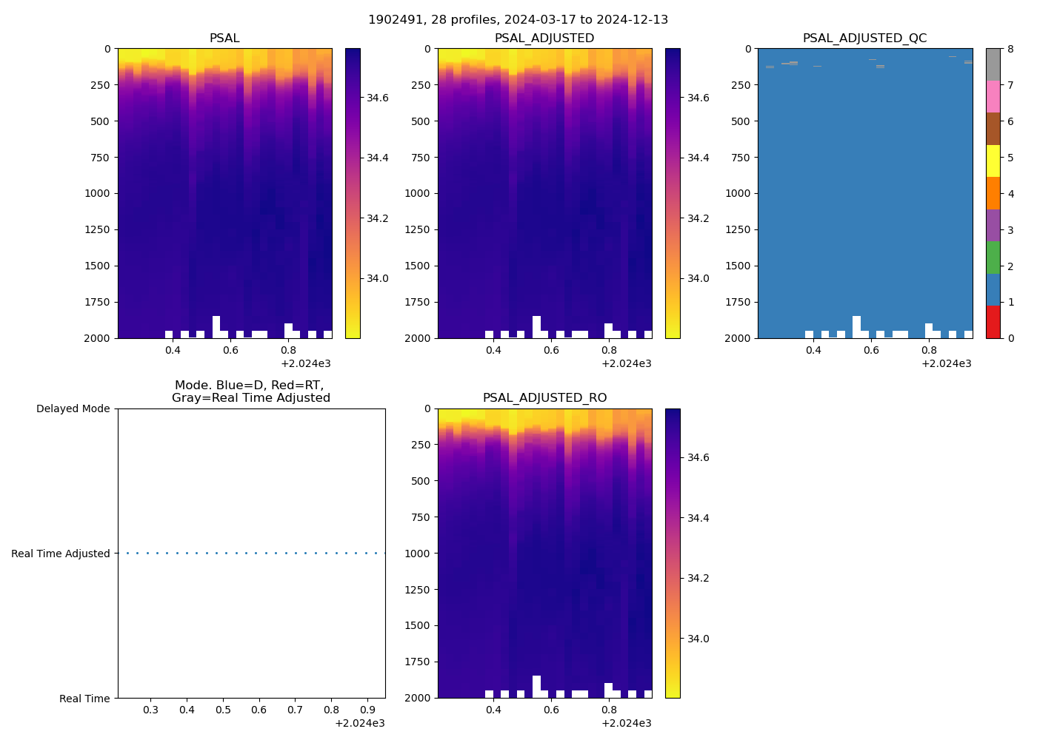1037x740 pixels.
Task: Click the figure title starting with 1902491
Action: pyautogui.click(x=518, y=20)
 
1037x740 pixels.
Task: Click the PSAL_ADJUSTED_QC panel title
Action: pyautogui.click(x=864, y=38)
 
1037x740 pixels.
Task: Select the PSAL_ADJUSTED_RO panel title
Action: pyautogui.click(x=544, y=398)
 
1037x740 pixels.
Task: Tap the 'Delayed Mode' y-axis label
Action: pyautogui.click(x=73, y=409)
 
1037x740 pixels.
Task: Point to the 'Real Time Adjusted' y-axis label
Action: pyautogui.click(x=61, y=554)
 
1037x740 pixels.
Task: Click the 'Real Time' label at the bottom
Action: pyautogui.click(x=84, y=699)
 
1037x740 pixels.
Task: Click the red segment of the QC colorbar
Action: pyautogui.click(x=993, y=322)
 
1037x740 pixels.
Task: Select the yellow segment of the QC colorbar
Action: pyautogui.click(x=993, y=161)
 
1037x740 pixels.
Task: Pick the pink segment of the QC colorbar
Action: pyautogui.click(x=993, y=96)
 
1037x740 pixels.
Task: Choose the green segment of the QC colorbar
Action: pyautogui.click(x=993, y=258)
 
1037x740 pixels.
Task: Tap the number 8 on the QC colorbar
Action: pyautogui.click(x=1010, y=50)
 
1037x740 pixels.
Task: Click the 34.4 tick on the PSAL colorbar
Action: pyautogui.click(x=379, y=158)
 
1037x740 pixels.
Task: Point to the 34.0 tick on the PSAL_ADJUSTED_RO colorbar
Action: pyautogui.click(x=698, y=639)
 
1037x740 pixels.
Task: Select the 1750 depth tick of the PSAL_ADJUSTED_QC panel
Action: pyautogui.click(x=737, y=302)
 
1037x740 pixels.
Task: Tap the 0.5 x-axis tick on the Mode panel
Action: pyautogui.click(x=223, y=710)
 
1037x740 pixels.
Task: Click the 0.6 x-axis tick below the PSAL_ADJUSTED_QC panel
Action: pyautogui.click(x=871, y=351)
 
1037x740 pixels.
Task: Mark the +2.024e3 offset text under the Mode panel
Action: pyautogui.click(x=359, y=723)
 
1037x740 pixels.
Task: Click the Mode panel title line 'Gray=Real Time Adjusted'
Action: pyautogui.click(x=251, y=398)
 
